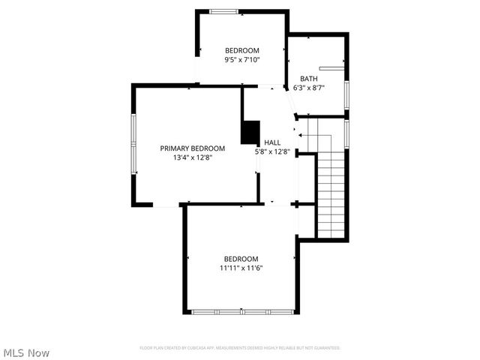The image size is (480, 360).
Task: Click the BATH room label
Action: coord(309,79)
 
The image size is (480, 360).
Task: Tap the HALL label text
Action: coord(272,142)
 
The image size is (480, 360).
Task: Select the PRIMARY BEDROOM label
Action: coord(193,148)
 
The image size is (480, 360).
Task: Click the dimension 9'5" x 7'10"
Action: coord(241,60)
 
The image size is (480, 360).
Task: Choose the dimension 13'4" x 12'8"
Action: coord(193,157)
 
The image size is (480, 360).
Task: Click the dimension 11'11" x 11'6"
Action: coord(241,268)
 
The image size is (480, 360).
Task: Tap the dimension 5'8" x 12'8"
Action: coord(272,151)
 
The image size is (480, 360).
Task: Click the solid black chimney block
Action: coord(250,132)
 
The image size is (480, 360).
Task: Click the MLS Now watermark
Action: coord(27,352)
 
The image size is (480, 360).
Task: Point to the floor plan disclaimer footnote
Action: coord(240,348)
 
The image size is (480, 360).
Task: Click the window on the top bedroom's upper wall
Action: coord(223,11)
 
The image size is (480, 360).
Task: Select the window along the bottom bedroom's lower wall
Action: coord(241,311)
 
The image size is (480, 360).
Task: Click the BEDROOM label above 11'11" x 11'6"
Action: coord(241,259)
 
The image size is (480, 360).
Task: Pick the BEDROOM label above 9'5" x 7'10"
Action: coord(241,51)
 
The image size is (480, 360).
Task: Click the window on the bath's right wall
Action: coord(346,93)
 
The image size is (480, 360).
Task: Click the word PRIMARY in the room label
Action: coord(174,148)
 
